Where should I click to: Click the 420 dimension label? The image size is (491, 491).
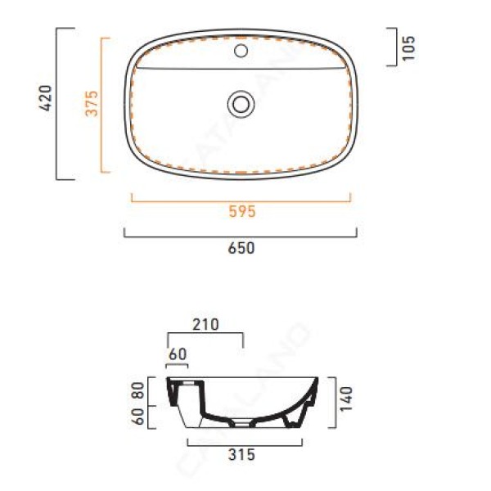click(x=45, y=97)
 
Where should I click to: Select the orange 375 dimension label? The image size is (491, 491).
click(x=92, y=104)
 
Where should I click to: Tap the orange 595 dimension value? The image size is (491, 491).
click(x=242, y=211)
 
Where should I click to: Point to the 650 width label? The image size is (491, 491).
click(x=241, y=248)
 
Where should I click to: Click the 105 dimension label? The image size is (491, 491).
click(x=408, y=48)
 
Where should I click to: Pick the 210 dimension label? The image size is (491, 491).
click(x=205, y=325)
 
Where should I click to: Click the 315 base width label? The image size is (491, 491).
click(x=241, y=455)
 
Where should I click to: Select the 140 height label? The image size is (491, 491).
click(x=346, y=399)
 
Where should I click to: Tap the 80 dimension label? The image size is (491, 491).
click(x=138, y=390)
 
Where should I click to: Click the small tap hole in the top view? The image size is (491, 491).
click(x=241, y=51)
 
